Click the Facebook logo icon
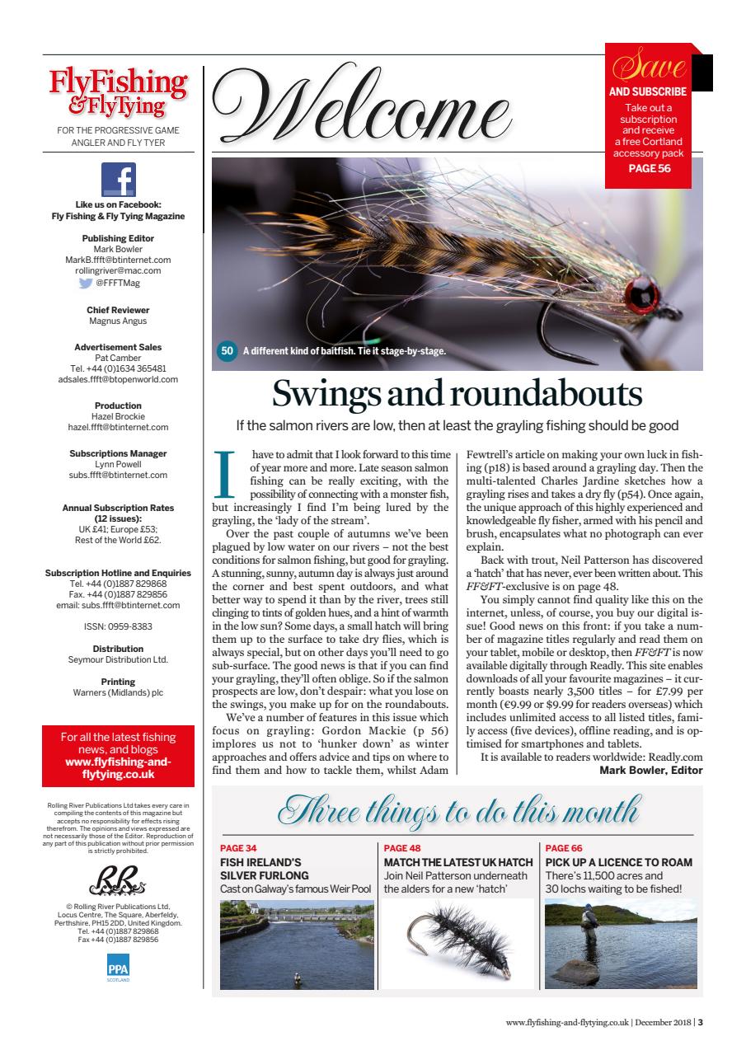[118, 179]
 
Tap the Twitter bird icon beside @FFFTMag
[86, 283]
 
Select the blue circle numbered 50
[227, 351]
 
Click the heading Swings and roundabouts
[457, 393]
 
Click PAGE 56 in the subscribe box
[649, 168]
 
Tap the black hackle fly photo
[456, 943]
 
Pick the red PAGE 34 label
[238, 847]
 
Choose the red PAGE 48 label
[402, 847]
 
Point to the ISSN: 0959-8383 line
[118, 626]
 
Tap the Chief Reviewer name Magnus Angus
[118, 321]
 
